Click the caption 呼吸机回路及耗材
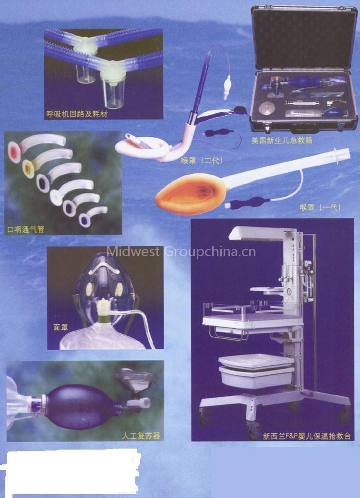click(x=77, y=114)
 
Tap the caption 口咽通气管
click(x=26, y=229)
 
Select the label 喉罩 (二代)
click(x=202, y=161)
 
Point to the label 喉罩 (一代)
click(x=321, y=207)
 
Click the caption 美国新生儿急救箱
click(x=282, y=140)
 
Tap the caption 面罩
click(x=60, y=327)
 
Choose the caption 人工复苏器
click(x=141, y=436)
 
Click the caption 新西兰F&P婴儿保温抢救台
click(x=307, y=436)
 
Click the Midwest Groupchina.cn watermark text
click(x=181, y=251)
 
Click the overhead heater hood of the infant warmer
click(x=258, y=234)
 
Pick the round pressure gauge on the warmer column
click(x=307, y=263)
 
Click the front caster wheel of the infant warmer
click(x=254, y=431)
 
